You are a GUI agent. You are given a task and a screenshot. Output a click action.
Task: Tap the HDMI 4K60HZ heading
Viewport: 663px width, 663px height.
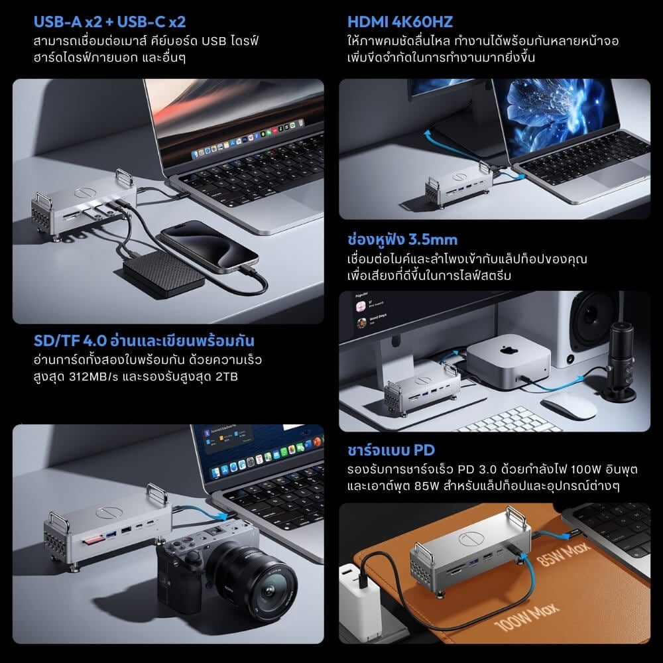[x=400, y=22]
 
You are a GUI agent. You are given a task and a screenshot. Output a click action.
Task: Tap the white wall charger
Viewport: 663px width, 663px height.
[x=361, y=597]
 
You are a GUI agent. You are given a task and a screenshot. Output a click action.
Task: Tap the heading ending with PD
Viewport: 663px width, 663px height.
[x=391, y=451]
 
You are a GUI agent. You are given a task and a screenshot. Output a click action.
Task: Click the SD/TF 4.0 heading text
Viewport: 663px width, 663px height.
[x=144, y=341]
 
